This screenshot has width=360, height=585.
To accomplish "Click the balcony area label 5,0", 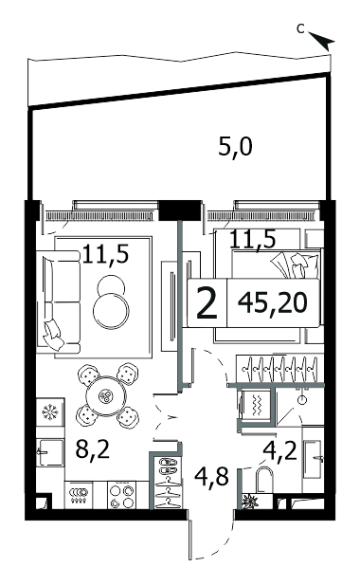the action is [x=235, y=147].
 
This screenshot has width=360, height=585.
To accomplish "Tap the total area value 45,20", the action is [x=273, y=302].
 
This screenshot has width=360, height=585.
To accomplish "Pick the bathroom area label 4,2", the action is [x=279, y=450].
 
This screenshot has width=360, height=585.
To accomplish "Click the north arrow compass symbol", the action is [x=322, y=40].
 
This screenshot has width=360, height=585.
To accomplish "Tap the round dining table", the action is [x=107, y=395].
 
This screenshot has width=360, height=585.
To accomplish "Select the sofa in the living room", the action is [x=59, y=301].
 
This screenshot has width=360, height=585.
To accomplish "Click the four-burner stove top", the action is [x=122, y=495].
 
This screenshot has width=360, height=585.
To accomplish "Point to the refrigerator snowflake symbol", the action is [x=48, y=411].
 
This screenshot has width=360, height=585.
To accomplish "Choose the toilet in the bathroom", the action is [x=265, y=481].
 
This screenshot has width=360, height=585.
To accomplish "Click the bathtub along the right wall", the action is [x=313, y=460].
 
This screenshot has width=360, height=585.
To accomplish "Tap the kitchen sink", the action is [x=50, y=452].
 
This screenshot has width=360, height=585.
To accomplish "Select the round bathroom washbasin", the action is [x=302, y=400].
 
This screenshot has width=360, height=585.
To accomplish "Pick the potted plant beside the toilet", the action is [x=250, y=501].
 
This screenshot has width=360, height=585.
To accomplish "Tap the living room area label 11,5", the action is [x=105, y=254].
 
